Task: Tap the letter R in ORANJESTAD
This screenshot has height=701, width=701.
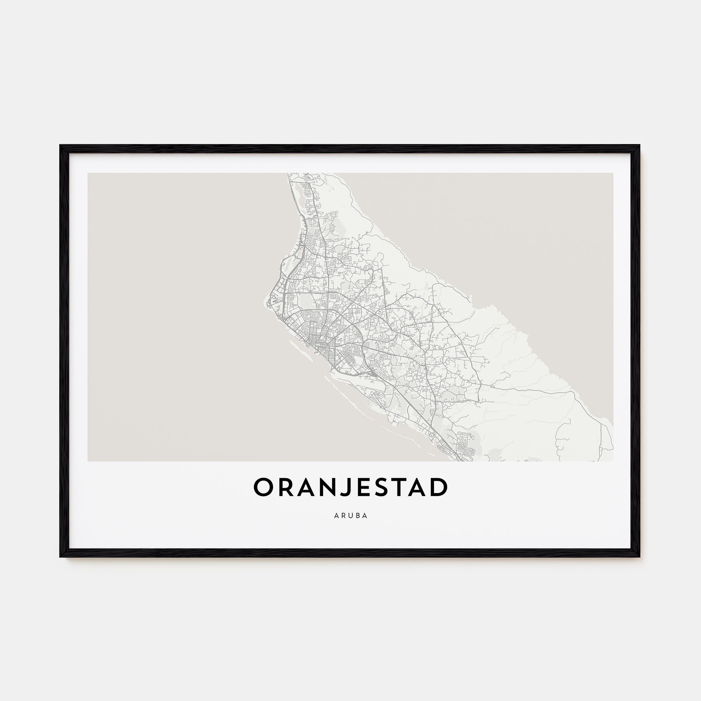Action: pyautogui.click(x=285, y=487)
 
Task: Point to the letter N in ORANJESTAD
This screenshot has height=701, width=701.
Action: pyautogui.click(x=328, y=487)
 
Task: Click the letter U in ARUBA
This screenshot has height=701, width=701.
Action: pyautogui.click(x=350, y=516)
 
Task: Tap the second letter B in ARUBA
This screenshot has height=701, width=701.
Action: pyautogui.click(x=358, y=516)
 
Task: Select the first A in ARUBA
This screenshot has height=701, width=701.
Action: pyautogui.click(x=336, y=516)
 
